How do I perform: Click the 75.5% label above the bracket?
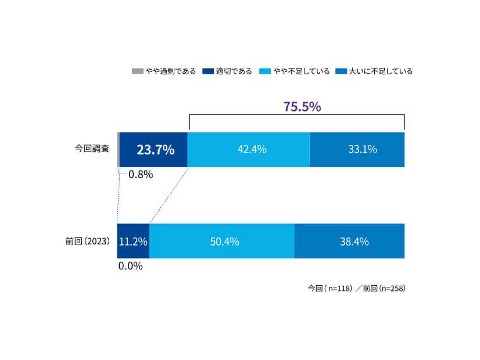coord(302,107)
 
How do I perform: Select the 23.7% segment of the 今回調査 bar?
coord(154,150)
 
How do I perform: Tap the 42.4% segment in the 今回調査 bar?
coord(249,150)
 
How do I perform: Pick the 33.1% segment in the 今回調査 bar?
coord(357,150)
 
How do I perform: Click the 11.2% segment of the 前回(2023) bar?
coord(133,242)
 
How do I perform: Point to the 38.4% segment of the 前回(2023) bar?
coord(350,242)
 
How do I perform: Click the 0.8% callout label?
coord(140,174)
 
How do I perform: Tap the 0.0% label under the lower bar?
coord(130,266)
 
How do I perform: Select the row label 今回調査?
coord(92,149)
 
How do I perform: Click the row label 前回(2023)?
coord(88,241)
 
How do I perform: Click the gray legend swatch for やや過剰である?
coord(138,71)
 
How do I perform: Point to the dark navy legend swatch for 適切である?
coord(208,71)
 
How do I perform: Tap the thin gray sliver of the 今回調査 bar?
coord(119,150)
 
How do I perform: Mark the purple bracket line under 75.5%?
coord(296,115)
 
